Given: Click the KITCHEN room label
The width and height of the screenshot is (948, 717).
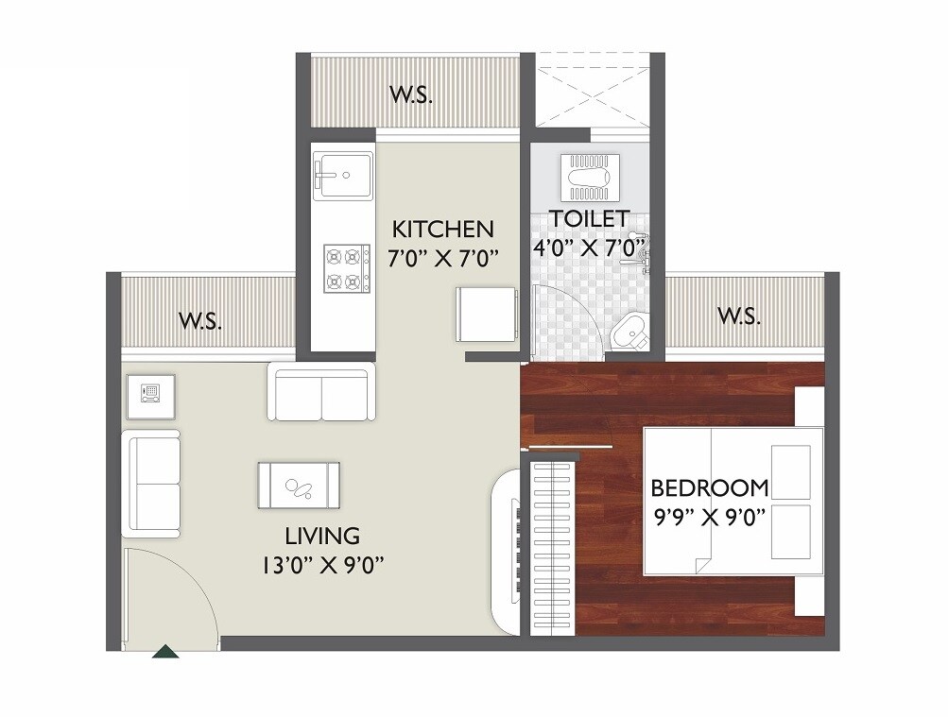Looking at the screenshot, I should pyautogui.click(x=442, y=229).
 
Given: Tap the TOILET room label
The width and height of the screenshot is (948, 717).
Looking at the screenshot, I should pyautogui.click(x=589, y=218).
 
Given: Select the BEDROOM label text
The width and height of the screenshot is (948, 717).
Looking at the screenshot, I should pyautogui.click(x=709, y=488).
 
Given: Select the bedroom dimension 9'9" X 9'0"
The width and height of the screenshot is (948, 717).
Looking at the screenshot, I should pyautogui.click(x=709, y=518).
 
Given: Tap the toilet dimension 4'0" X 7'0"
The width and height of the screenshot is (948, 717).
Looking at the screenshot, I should pyautogui.click(x=588, y=248).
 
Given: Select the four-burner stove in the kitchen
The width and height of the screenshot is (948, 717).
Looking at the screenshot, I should pyautogui.click(x=345, y=267).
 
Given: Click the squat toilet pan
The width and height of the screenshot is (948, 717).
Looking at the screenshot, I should pyautogui.click(x=589, y=172).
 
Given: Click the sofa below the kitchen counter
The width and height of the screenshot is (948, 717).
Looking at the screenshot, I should pyautogui.click(x=321, y=394).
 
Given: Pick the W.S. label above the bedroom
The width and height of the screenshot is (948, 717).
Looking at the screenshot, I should pyautogui.click(x=738, y=316).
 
